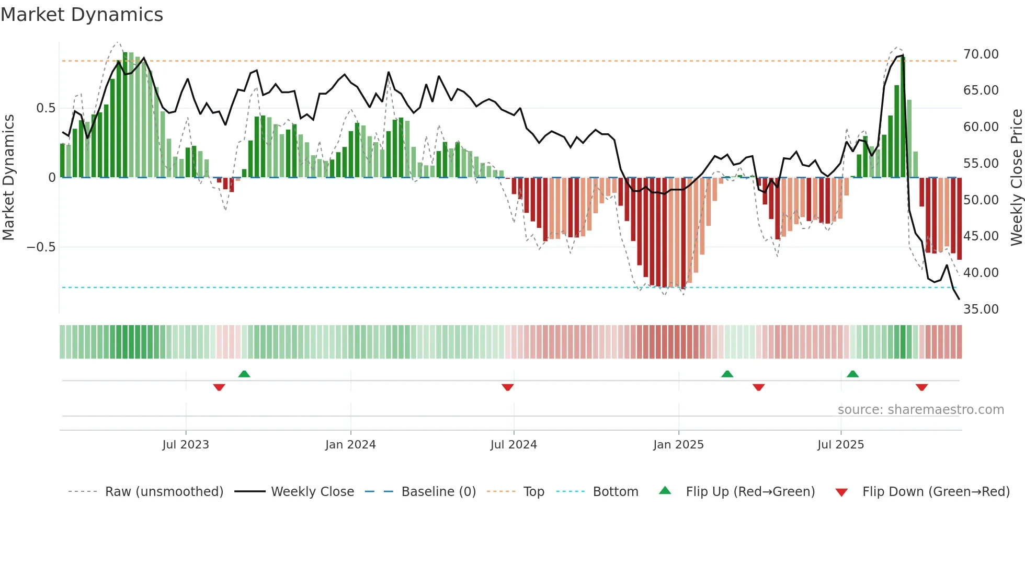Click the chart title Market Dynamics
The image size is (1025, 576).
coord(82,15)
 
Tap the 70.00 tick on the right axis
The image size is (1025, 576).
coord(981,54)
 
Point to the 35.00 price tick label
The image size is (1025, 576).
coord(981,309)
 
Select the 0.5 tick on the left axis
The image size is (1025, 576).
coord(45,108)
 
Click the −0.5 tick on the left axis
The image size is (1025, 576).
coord(41,247)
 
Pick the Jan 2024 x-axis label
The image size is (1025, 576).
coord(350,445)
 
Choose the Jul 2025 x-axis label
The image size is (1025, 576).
coord(840,445)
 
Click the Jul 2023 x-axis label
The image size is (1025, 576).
coord(185,445)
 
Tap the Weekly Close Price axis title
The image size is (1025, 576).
coord(1016,177)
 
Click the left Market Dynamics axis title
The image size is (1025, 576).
coord(8,177)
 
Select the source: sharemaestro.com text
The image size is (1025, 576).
coord(920,410)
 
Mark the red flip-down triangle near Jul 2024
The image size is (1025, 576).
coord(507,387)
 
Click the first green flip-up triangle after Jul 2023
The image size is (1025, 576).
coord(244,374)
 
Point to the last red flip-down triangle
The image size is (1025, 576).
coord(921,387)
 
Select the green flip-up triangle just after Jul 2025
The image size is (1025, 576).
coord(852,374)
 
